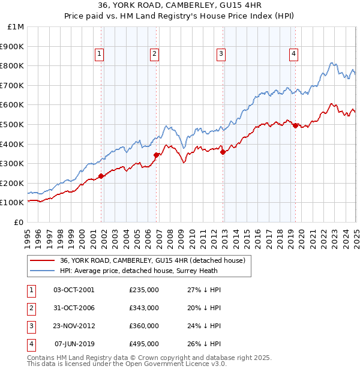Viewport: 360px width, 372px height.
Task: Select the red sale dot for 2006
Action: tap(156, 155)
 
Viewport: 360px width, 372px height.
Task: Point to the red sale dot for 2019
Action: tap(295, 125)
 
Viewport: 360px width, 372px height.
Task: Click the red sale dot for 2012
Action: tap(223, 152)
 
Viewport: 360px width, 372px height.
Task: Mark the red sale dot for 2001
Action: tap(101, 176)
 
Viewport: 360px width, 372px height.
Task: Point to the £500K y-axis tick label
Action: tap(12, 125)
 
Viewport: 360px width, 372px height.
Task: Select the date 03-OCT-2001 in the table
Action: tap(74, 290)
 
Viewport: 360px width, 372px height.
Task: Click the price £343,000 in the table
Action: tap(144, 308)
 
